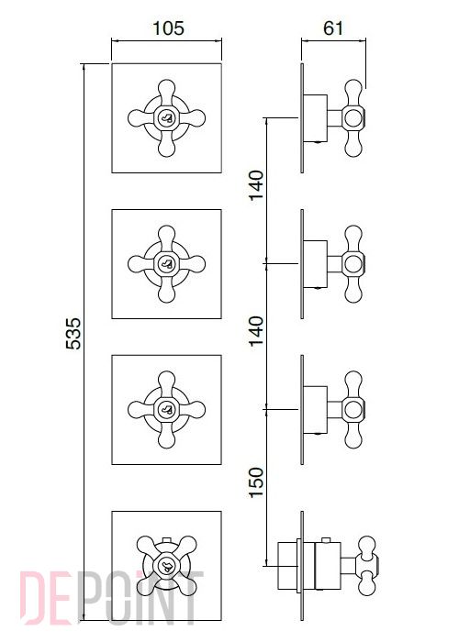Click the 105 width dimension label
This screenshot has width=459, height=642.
(x=168, y=28)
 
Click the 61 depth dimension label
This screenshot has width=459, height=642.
(x=332, y=28)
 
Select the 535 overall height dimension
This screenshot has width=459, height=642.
(x=73, y=333)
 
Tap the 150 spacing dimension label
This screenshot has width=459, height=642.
(x=256, y=482)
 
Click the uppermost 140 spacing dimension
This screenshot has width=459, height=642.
(x=256, y=185)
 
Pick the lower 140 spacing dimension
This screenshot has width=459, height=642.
(x=256, y=331)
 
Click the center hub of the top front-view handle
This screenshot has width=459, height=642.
(x=167, y=118)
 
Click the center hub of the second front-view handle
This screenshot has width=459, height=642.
(x=167, y=264)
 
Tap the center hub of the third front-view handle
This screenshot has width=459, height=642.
(x=167, y=410)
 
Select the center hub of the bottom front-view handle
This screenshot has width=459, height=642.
(x=167, y=566)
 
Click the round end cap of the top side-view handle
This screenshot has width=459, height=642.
(x=353, y=118)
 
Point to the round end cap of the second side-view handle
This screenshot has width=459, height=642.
(x=353, y=264)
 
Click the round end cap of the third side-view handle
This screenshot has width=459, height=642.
(x=353, y=410)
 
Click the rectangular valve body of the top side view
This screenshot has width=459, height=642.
(x=315, y=118)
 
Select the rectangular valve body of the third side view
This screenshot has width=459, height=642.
(x=315, y=410)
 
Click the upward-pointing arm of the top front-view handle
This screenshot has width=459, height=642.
(x=167, y=92)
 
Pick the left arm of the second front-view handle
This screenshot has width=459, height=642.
(x=141, y=264)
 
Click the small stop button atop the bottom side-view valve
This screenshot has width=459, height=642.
(x=326, y=540)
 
